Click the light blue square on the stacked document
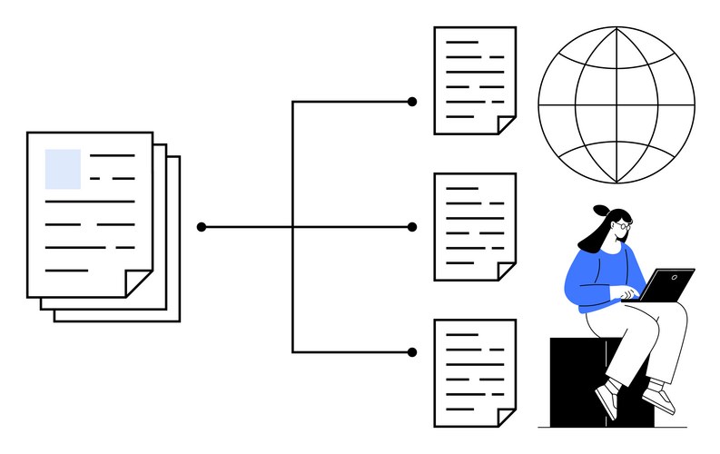(63, 168)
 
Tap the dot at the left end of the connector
(202, 226)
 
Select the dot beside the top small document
(412, 102)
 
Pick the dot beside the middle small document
(412, 226)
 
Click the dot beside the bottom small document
(412, 351)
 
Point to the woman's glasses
(620, 228)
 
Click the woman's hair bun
(600, 210)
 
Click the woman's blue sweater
(595, 277)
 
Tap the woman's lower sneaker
(607, 400)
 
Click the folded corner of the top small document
(507, 125)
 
